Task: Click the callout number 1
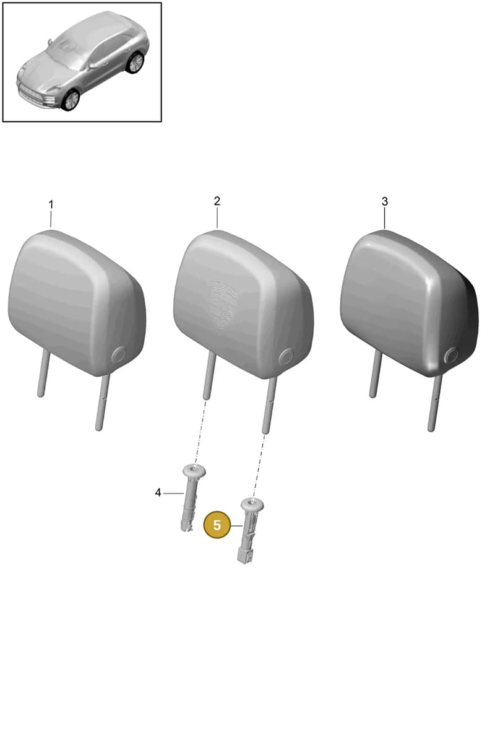51,204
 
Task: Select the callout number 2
217,201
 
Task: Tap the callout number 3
385,201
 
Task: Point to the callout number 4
158,493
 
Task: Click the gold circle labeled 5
217,525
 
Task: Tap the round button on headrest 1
119,354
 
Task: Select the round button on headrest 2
286,356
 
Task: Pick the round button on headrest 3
452,355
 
